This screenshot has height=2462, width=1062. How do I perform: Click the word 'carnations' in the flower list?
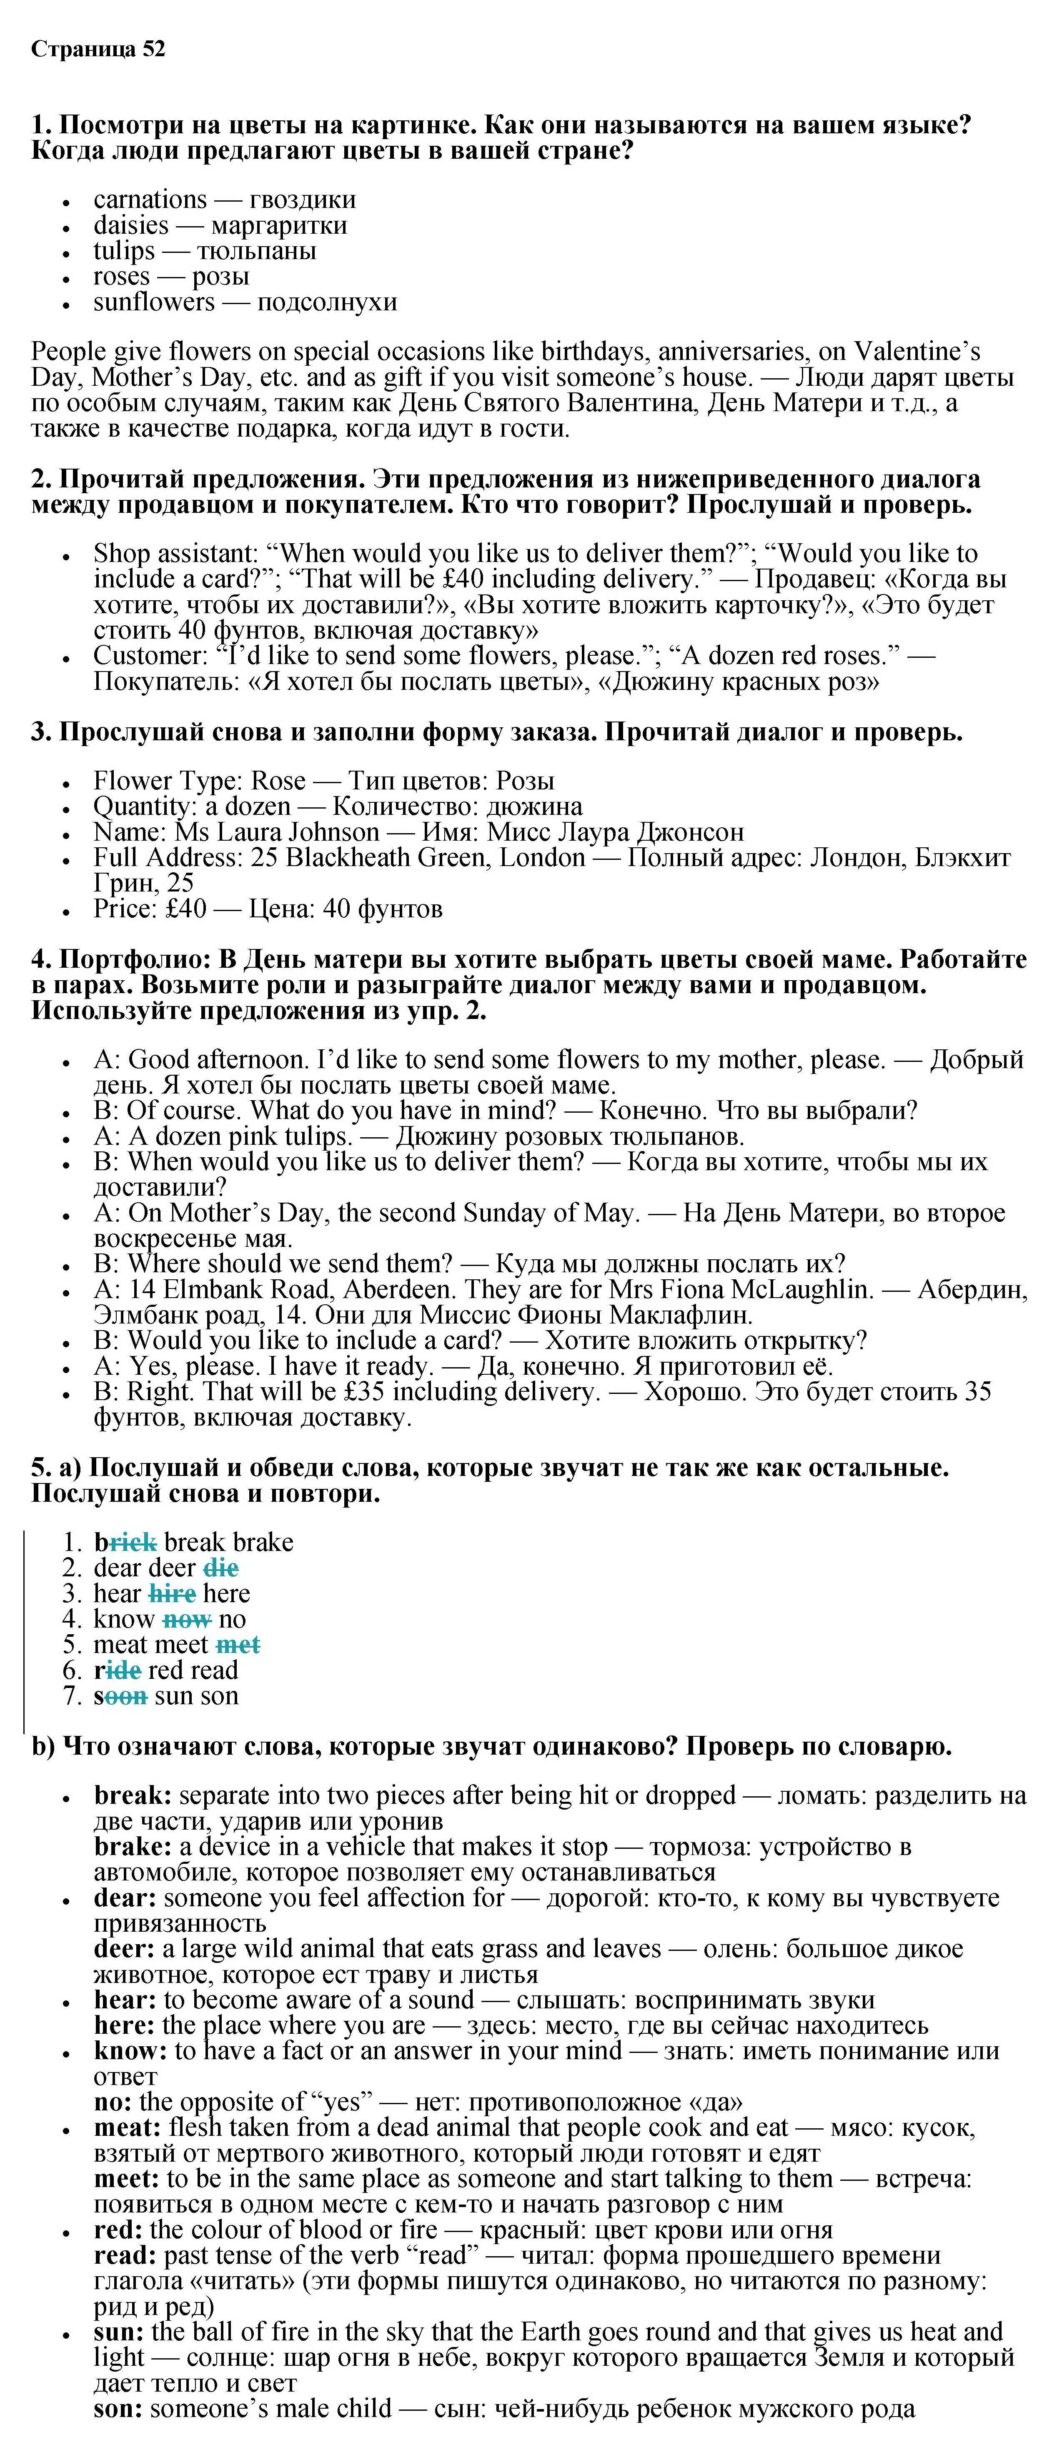click(150, 200)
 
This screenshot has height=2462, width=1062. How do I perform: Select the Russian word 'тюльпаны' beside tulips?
click(256, 251)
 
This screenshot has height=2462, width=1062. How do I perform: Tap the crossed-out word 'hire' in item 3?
click(172, 1594)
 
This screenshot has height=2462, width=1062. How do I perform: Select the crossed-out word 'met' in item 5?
click(238, 1645)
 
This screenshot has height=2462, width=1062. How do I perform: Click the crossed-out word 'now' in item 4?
click(186, 1619)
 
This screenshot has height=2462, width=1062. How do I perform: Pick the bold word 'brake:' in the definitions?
click(132, 1846)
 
